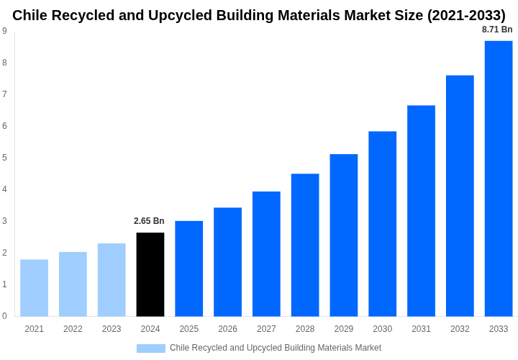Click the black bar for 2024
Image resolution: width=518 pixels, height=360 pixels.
pos(150,274)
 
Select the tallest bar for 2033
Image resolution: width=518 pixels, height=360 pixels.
pos(499,179)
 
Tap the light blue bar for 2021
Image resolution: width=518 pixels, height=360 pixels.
pos(35,288)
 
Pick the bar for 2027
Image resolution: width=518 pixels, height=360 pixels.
pos(266,253)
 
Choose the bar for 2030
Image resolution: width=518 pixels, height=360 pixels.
pos(382,224)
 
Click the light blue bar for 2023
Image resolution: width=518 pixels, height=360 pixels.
pos(112,279)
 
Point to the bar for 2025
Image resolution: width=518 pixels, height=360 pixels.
pos(189,269)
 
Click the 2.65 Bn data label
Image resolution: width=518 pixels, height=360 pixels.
pos(149,221)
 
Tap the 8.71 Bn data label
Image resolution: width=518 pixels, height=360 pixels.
pos(497,30)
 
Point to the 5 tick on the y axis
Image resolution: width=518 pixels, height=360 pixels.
pos(4,158)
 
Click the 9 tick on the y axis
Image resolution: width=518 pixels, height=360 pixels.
pos(4,31)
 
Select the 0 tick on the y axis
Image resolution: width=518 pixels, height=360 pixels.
pos(4,316)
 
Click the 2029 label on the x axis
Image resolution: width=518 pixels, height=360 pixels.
pos(344,329)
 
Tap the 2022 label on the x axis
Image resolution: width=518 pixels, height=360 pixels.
pos(73,329)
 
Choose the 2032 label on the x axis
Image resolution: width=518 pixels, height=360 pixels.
pos(460,329)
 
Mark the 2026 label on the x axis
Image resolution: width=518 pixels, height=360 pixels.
pos(227,329)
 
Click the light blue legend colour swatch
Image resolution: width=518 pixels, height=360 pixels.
pos(151,348)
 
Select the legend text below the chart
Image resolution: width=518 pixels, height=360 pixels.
pos(276,348)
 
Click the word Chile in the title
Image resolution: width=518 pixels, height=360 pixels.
pos(29,15)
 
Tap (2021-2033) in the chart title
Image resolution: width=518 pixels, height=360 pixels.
pos(466,15)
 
